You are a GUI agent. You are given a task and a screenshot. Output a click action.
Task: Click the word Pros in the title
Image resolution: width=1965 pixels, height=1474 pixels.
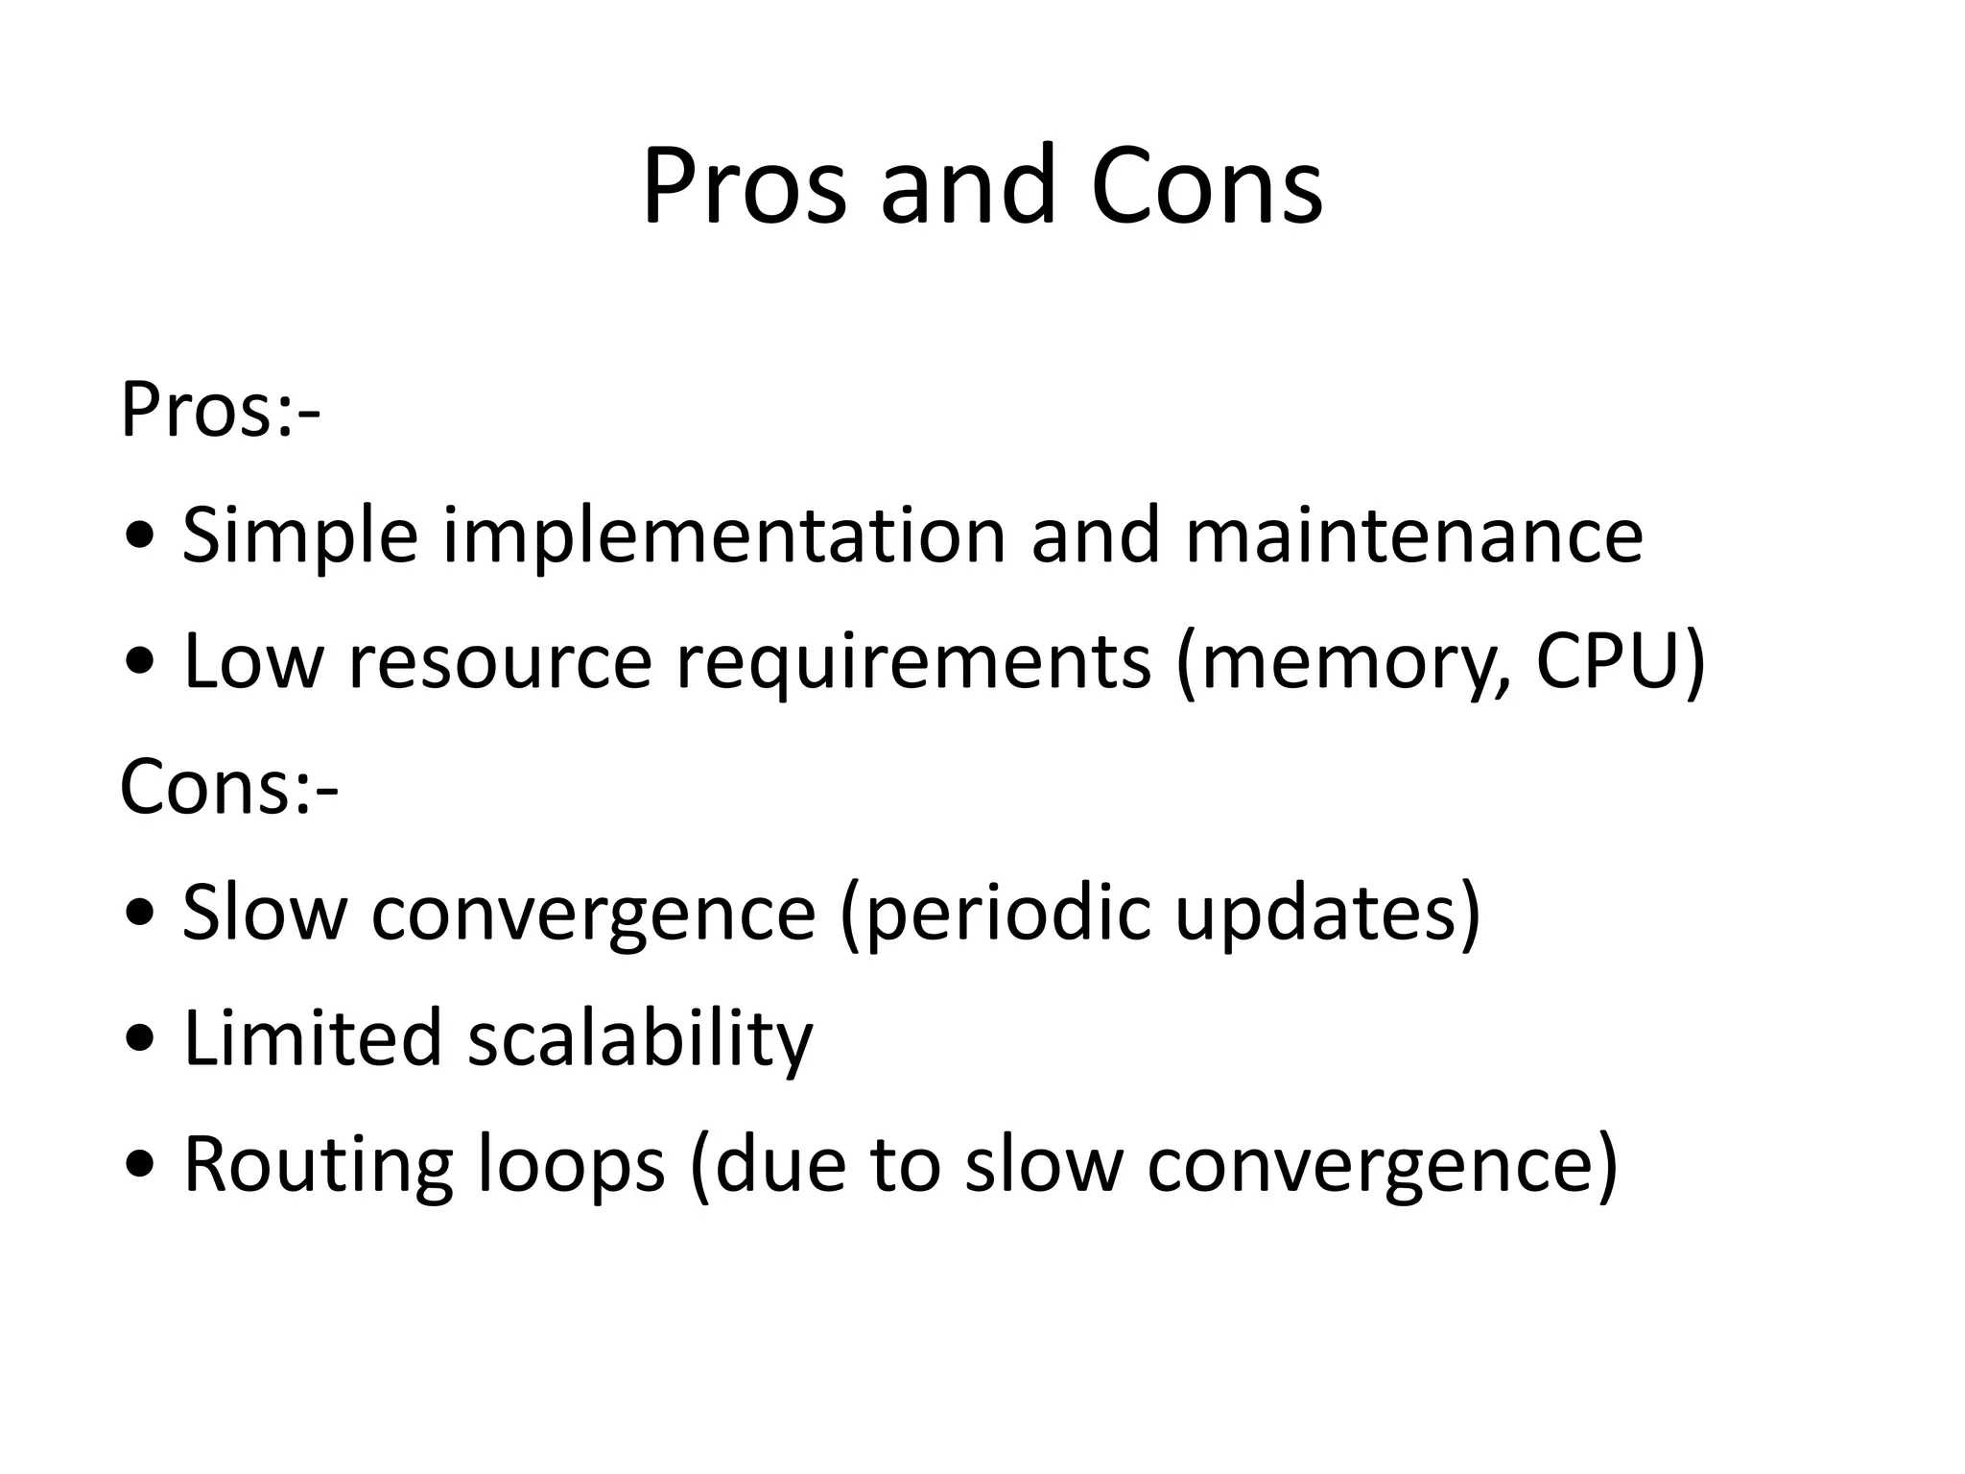pos(744,186)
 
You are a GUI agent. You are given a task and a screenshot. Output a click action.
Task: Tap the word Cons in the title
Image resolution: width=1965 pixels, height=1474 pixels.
pos(1206,186)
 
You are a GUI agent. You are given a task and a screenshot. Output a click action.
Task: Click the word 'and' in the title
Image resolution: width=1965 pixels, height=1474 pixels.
pos(968,186)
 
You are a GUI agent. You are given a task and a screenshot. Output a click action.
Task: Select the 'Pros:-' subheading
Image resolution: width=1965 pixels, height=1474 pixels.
pos(220,411)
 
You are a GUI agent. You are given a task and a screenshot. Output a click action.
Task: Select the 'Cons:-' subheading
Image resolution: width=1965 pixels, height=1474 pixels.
pos(228,787)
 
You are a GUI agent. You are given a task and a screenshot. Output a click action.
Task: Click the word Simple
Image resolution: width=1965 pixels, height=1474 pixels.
pos(300,535)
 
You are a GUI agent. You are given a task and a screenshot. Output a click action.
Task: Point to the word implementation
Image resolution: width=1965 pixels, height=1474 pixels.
pos(724,535)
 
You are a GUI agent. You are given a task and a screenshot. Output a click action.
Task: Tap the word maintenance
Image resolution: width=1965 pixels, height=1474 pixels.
pos(1414,535)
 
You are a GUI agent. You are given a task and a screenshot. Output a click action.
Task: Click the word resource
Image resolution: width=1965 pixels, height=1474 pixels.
pos(499,661)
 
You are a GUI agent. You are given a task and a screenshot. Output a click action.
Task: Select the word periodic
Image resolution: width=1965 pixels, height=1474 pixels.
pos(998,913)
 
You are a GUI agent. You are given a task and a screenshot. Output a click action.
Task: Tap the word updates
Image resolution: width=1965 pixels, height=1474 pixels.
pos(1318,913)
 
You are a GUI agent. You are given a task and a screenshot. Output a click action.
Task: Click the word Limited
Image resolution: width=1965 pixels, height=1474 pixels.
pos(313,1038)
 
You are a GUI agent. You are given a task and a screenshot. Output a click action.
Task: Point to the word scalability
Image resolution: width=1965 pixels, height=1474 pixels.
pos(640,1038)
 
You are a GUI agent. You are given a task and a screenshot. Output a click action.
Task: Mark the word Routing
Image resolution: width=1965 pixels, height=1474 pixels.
pos(318,1165)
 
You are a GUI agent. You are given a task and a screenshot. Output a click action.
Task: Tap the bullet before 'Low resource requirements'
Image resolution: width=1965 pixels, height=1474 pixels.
pos(140,663)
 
